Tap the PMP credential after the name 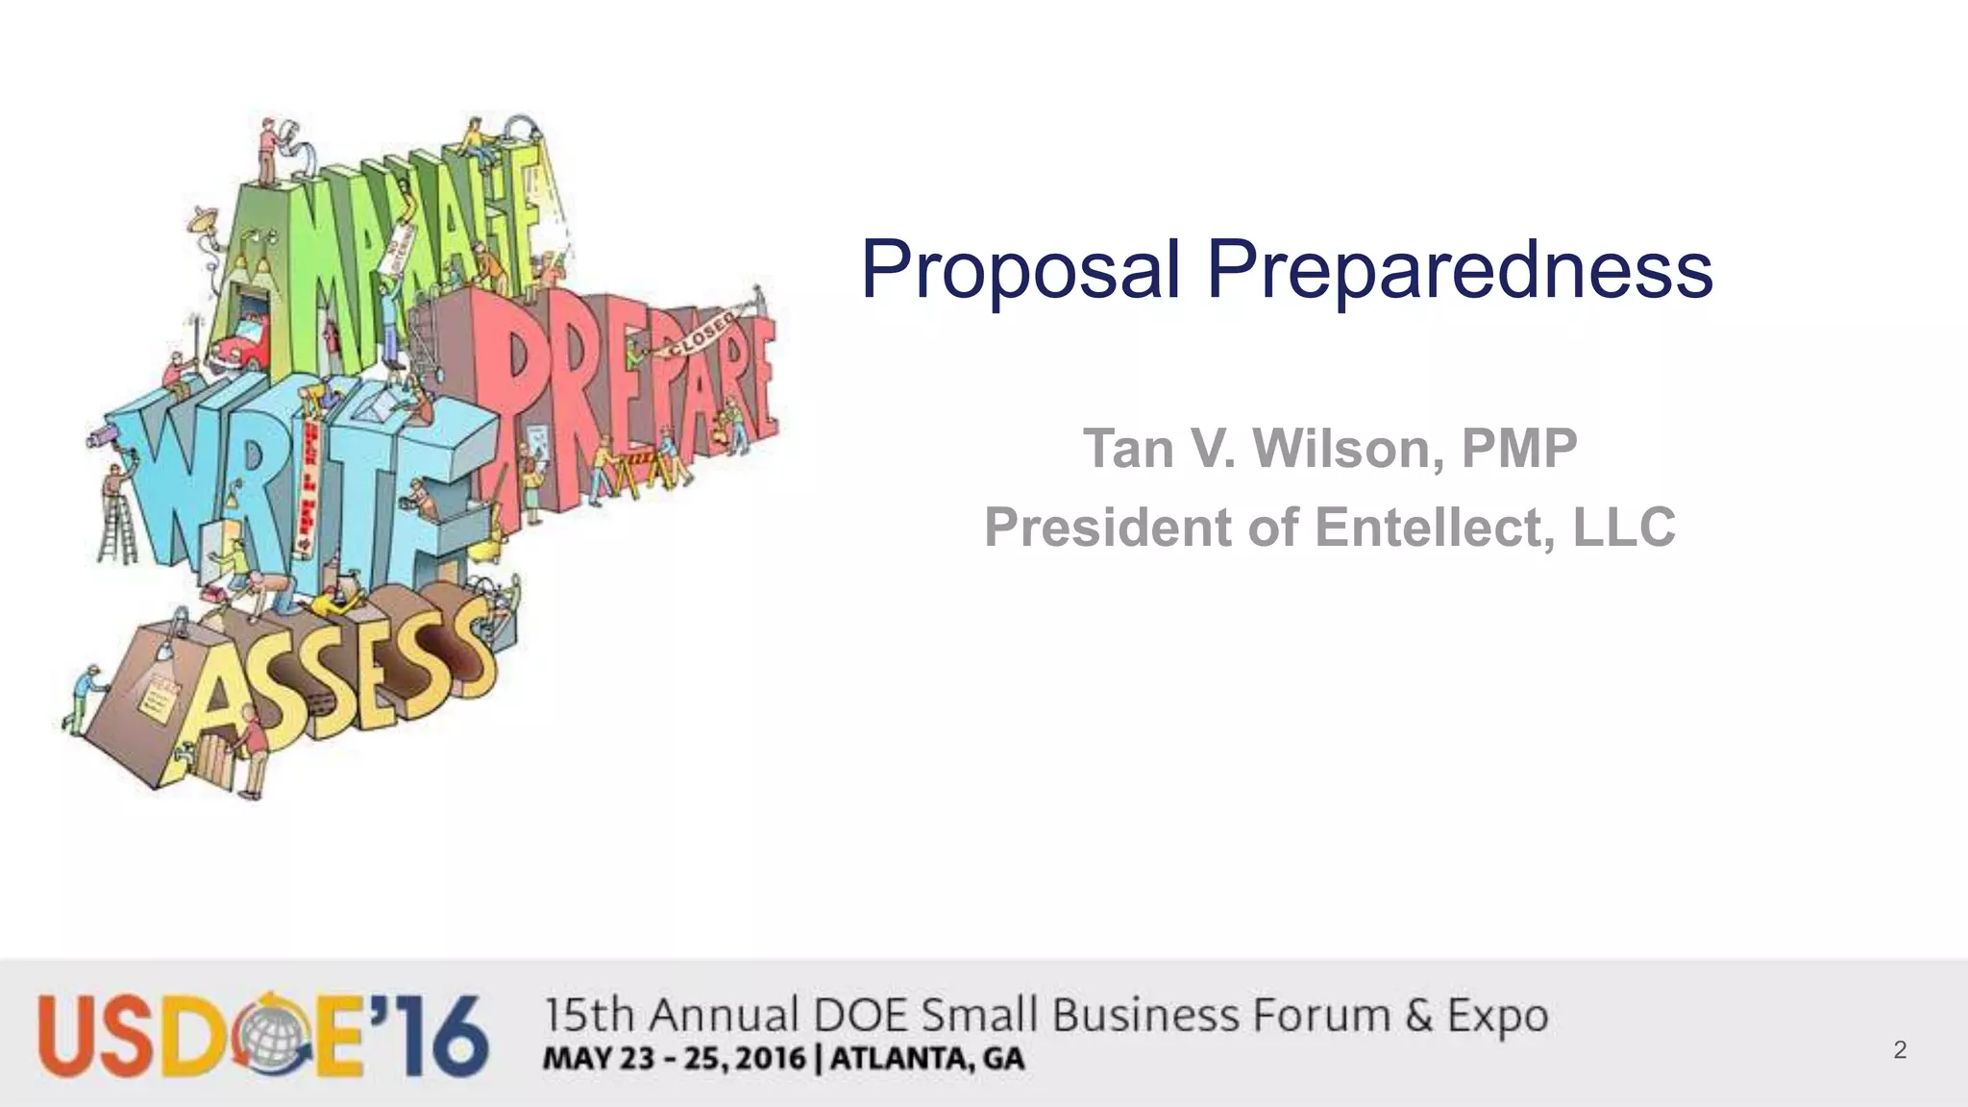[x=1519, y=449]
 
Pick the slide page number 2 [x=1900, y=1049]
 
